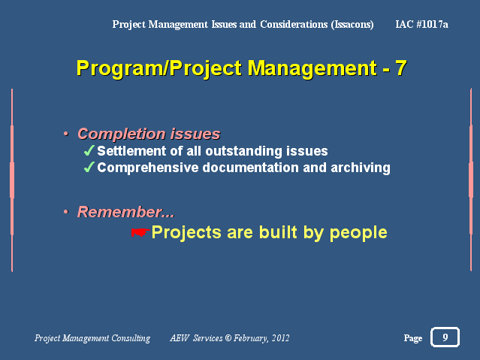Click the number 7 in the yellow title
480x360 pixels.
401,68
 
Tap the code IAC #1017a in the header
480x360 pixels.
422,24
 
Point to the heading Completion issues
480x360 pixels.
149,134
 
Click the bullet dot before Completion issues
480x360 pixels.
65,134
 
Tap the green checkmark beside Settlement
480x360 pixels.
89,150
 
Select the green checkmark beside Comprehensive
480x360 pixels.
89,167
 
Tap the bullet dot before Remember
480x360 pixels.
65,212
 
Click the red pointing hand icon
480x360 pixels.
140,232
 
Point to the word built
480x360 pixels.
278,232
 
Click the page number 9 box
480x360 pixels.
445,337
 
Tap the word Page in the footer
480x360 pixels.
413,338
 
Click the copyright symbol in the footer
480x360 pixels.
228,338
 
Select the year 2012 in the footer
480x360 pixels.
280,338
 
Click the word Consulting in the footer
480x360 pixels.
131,338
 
